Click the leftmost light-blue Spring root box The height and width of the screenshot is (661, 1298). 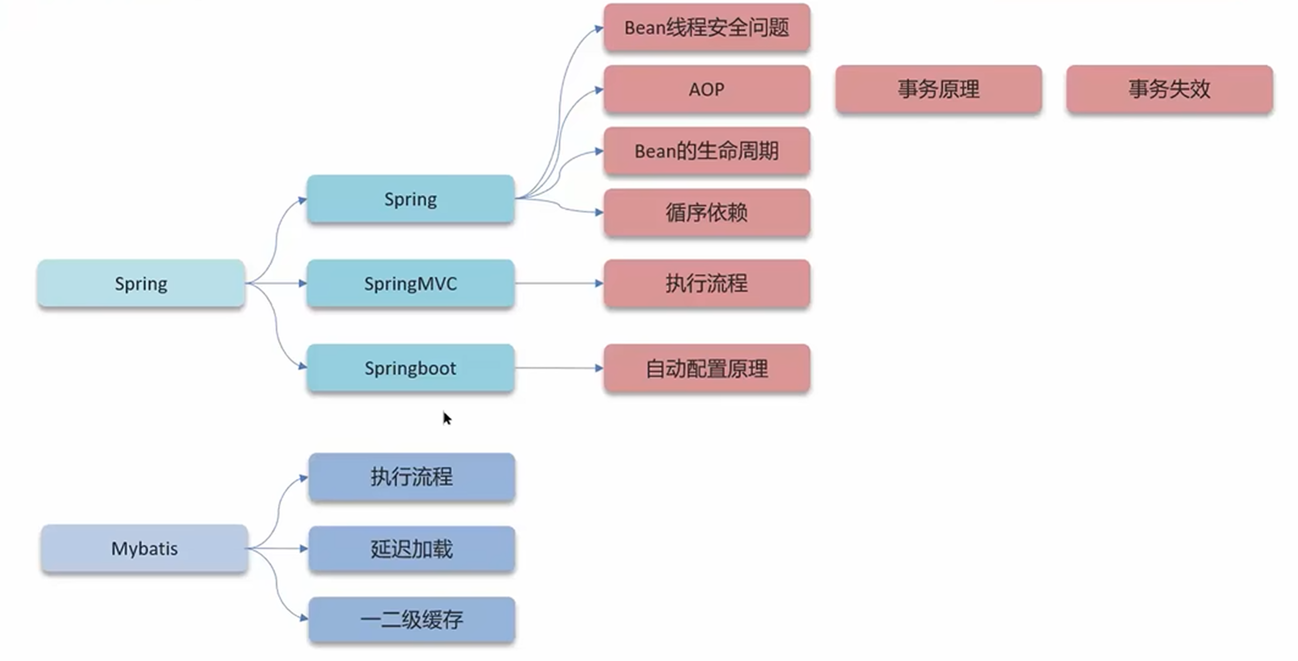click(x=141, y=283)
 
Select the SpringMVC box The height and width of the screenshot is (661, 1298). click(x=410, y=283)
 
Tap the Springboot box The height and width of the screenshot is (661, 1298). click(x=410, y=368)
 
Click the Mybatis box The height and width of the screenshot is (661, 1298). click(x=144, y=548)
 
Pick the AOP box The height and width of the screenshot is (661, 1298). click(x=707, y=89)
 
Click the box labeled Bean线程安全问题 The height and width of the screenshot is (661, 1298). click(x=707, y=27)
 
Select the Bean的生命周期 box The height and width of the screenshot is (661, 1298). click(x=707, y=151)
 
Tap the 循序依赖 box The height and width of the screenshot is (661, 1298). click(x=707, y=212)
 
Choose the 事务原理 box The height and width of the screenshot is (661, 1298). click(x=938, y=89)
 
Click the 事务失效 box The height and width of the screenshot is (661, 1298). click(x=1169, y=89)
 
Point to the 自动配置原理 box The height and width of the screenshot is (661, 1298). click(x=707, y=368)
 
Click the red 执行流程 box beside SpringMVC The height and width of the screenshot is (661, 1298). click(x=707, y=283)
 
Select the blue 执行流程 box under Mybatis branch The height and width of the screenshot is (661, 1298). click(x=411, y=477)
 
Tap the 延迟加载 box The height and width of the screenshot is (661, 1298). click(x=411, y=549)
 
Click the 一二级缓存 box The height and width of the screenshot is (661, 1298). click(x=411, y=619)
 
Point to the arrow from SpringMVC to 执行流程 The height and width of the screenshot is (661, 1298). click(x=559, y=283)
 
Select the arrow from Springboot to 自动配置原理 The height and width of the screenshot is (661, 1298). click(x=559, y=368)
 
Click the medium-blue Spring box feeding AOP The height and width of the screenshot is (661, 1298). click(x=410, y=199)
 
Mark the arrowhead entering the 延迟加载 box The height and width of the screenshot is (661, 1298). click(x=304, y=549)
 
